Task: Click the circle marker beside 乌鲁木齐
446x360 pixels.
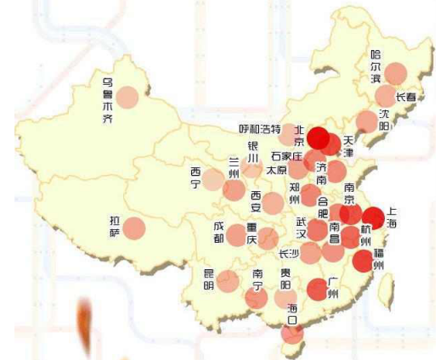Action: click(127, 97)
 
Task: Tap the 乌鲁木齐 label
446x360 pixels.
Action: click(107, 101)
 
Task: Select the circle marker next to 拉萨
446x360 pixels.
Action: click(135, 228)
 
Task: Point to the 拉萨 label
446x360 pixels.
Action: click(115, 227)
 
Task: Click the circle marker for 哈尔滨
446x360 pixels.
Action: click(395, 72)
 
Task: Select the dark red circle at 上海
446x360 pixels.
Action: click(372, 218)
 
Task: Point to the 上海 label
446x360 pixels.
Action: click(391, 217)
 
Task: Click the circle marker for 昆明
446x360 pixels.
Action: click(226, 281)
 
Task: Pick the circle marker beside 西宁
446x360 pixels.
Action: click(213, 179)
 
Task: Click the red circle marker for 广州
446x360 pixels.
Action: click(317, 290)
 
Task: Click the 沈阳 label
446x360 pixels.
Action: click(385, 119)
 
